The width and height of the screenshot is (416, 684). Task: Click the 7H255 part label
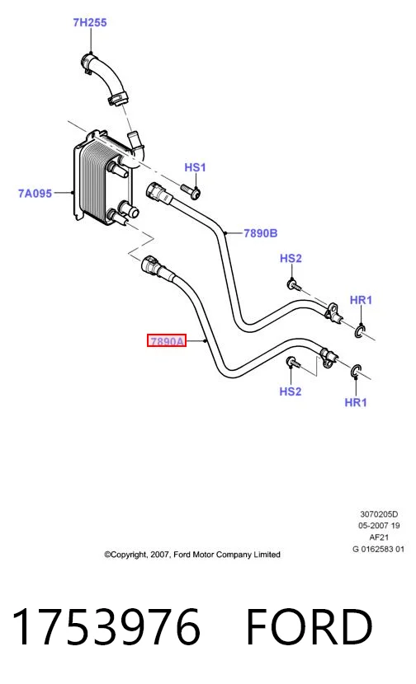tap(90, 22)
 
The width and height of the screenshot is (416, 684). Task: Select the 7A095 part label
tap(35, 193)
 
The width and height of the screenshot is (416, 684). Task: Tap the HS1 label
tap(195, 167)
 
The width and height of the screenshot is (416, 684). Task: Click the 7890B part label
tap(261, 233)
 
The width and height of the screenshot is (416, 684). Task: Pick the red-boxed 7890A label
tap(167, 340)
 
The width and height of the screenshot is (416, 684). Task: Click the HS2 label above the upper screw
tap(291, 259)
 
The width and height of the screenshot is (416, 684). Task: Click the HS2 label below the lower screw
tap(291, 391)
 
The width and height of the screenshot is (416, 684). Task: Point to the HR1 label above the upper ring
tap(361, 300)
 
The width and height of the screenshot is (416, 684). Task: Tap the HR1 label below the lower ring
tap(356, 402)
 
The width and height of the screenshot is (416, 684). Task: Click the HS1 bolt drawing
tap(191, 190)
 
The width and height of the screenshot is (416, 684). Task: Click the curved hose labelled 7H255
tap(104, 77)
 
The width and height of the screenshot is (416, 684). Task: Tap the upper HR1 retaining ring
tap(359, 331)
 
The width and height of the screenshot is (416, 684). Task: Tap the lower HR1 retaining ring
tap(356, 371)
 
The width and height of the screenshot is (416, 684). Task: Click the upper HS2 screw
tap(294, 286)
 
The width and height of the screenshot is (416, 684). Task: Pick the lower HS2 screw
tap(294, 362)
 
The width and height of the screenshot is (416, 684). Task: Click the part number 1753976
tap(106, 627)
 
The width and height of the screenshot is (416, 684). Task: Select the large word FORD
tap(310, 627)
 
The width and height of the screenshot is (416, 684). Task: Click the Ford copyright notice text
tap(192, 555)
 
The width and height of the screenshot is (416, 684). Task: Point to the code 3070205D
tap(379, 514)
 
